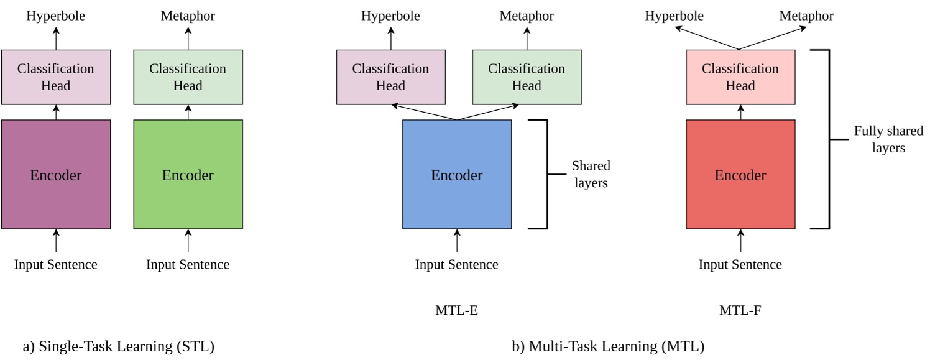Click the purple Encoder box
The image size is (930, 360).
(56, 175)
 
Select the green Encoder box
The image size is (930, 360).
(188, 175)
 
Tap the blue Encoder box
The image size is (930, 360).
(457, 175)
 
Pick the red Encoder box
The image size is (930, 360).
(740, 175)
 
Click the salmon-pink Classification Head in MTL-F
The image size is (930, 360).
(740, 76)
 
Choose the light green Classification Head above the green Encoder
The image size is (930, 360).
(188, 76)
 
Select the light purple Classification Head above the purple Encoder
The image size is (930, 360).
(56, 76)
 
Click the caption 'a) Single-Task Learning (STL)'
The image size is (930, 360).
(119, 347)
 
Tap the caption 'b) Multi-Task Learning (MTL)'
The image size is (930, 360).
(608, 347)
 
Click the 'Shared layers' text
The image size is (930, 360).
(591, 175)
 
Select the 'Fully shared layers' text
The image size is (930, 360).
(888, 140)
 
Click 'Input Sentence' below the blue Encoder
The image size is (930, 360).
(457, 264)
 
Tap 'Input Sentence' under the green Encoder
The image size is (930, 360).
(188, 264)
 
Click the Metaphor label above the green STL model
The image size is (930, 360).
(188, 16)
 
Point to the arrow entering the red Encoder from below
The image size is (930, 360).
(740, 241)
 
